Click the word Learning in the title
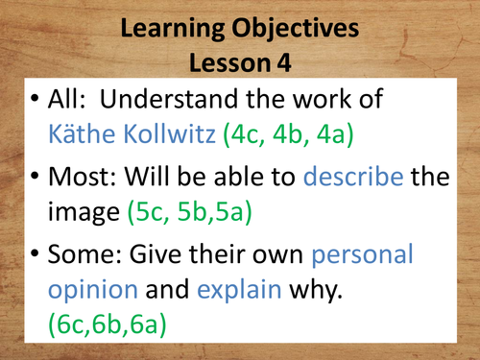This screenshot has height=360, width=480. click(169, 30)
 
